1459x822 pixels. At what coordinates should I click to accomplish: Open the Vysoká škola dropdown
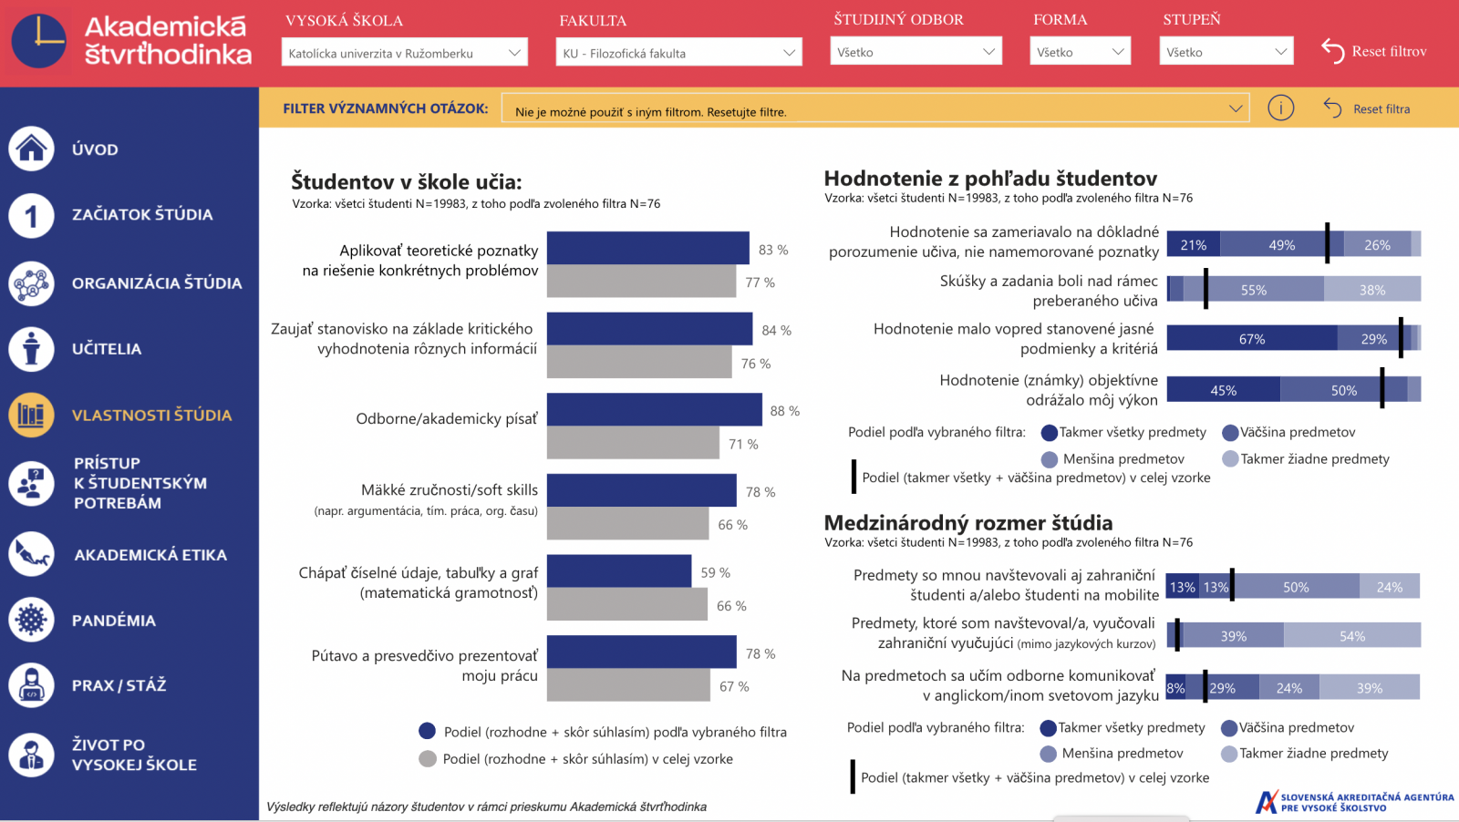[x=404, y=53]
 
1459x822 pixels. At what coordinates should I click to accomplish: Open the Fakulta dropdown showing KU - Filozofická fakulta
[x=678, y=53]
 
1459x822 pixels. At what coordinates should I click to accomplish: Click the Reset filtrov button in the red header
[x=1374, y=51]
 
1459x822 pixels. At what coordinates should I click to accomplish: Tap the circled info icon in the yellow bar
[x=1280, y=108]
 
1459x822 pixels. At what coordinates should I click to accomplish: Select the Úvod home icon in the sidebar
[x=32, y=149]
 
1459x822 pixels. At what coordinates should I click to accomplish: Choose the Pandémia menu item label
[x=114, y=621]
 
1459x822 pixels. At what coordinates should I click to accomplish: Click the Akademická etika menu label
[x=150, y=555]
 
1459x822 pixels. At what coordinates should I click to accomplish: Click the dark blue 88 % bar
[x=654, y=410]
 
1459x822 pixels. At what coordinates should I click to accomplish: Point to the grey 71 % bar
[x=633, y=444]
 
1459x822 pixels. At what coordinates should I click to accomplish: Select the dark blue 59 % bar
[x=618, y=571]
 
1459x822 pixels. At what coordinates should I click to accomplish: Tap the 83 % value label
[x=773, y=250]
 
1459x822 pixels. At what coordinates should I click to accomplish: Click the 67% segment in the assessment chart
[x=1251, y=339]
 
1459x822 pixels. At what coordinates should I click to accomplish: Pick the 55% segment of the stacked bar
[x=1254, y=290]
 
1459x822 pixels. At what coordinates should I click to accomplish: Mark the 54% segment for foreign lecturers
[x=1351, y=636]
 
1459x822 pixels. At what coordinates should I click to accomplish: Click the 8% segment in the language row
[x=1175, y=688]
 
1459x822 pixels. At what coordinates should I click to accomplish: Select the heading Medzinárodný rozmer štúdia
[x=967, y=523]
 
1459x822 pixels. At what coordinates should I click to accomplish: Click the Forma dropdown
[x=1080, y=52]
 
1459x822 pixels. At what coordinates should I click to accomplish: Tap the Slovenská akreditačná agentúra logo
[x=1355, y=802]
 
